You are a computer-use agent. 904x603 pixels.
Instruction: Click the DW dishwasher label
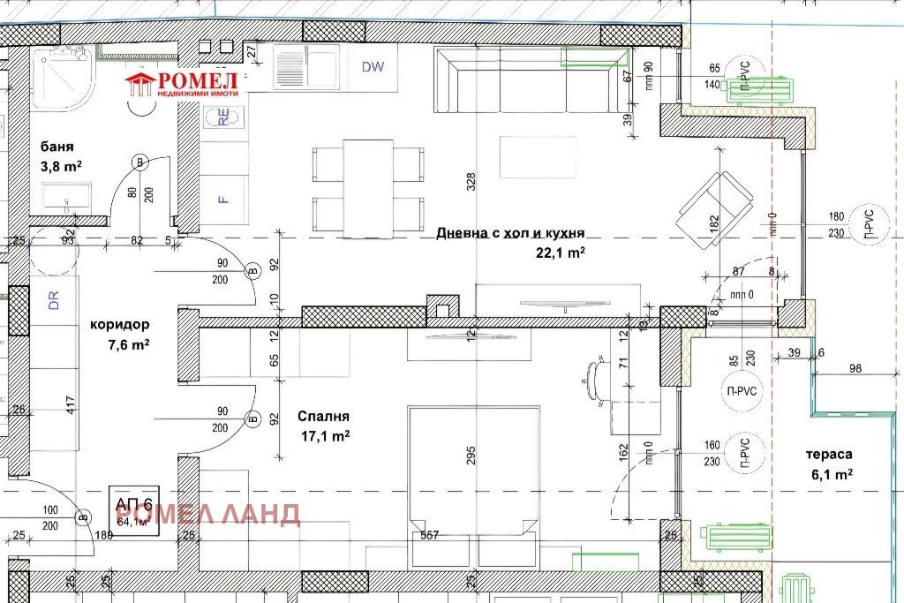(373, 67)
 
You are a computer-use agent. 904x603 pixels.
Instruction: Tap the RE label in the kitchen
(223, 117)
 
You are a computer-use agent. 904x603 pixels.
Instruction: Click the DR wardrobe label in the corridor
(53, 301)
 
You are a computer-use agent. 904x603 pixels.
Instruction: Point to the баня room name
(56, 147)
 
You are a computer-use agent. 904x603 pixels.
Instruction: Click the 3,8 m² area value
(60, 165)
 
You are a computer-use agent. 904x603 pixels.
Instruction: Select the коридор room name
(119, 324)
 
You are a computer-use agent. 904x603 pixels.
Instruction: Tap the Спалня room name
(323, 416)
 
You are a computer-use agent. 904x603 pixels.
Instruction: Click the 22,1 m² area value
(560, 253)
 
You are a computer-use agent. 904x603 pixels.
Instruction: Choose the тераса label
(828, 454)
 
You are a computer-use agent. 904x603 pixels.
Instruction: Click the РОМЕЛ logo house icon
(139, 84)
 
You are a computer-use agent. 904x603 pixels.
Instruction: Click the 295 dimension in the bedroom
(471, 456)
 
